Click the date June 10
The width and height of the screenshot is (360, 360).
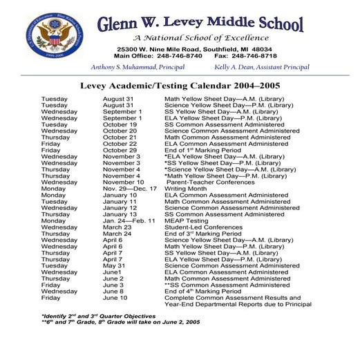[x=115, y=298]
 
